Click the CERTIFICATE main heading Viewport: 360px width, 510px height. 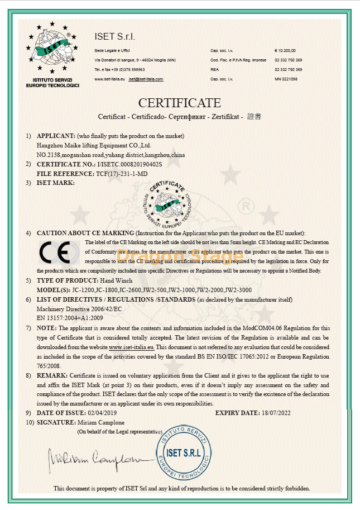click(180, 103)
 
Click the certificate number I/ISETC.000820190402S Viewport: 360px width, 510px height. click(129, 164)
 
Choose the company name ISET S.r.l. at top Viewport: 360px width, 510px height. click(116, 37)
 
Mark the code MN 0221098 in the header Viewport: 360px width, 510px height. click(286, 79)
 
